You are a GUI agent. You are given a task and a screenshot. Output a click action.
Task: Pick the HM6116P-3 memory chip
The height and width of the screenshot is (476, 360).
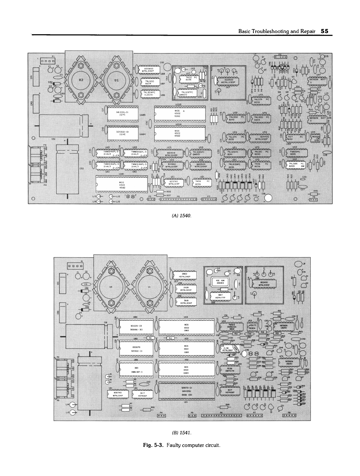coord(136,370)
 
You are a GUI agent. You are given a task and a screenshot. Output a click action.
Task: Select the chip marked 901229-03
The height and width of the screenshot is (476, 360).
coord(136,327)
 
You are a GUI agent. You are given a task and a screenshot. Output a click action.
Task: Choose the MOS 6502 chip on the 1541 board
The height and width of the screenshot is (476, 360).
coord(186,327)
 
